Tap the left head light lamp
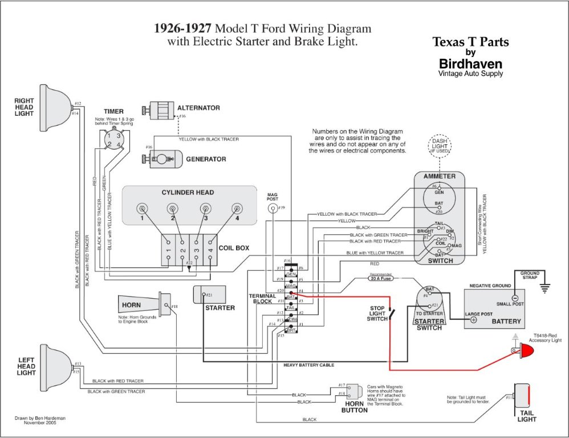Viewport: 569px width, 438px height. [54, 363]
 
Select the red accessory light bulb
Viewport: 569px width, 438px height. [526, 351]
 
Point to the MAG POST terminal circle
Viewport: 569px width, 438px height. [273, 209]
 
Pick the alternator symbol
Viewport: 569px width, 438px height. [161, 109]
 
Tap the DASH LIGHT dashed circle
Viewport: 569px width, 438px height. [439, 146]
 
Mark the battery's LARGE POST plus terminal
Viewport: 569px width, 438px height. [474, 320]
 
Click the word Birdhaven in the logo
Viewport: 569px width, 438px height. [470, 63]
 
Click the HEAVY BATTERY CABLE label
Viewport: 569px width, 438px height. [308, 364]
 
